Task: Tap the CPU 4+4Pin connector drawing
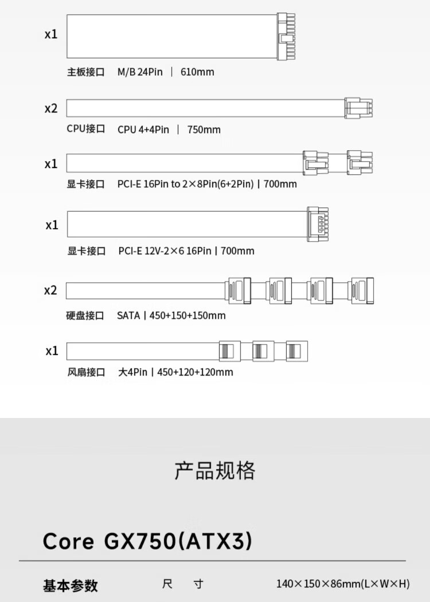[358, 108]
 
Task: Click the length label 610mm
[197, 72]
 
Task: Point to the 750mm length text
[204, 130]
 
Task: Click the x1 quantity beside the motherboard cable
[51, 34]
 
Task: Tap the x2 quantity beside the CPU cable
[51, 108]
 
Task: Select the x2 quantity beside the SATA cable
[51, 290]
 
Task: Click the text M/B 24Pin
[140, 72]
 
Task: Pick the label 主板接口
[86, 72]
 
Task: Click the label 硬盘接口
[85, 315]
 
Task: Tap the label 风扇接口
[86, 372]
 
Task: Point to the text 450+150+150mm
[187, 315]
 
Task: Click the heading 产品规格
[214, 471]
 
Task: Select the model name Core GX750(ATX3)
[147, 541]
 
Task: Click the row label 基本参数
[71, 585]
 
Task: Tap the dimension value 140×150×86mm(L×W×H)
[343, 584]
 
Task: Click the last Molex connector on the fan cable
[296, 351]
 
